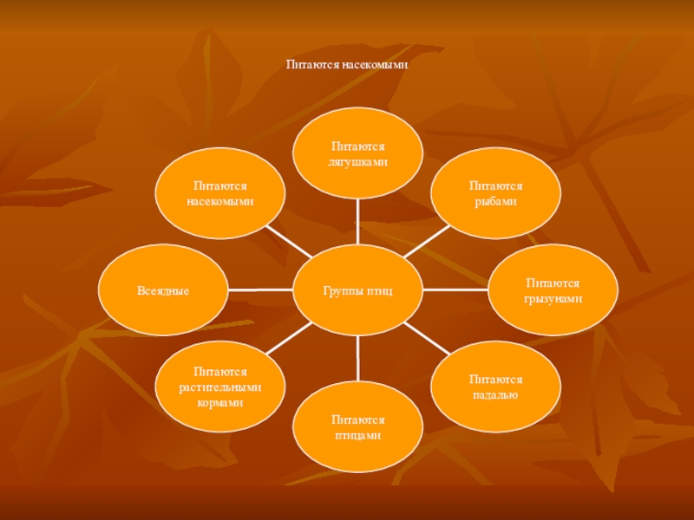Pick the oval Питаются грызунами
[x=553, y=290]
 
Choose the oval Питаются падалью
[x=495, y=387]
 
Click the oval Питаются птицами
[x=357, y=427]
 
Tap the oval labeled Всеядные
[x=163, y=290]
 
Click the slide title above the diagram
[x=347, y=64]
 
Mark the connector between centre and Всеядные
[x=260, y=289]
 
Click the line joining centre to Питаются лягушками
[x=357, y=222]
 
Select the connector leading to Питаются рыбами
[x=428, y=241]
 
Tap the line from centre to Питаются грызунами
[x=455, y=289]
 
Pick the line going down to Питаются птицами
[x=357, y=357]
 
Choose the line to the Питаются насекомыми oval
[x=287, y=241]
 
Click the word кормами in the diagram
[x=219, y=403]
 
